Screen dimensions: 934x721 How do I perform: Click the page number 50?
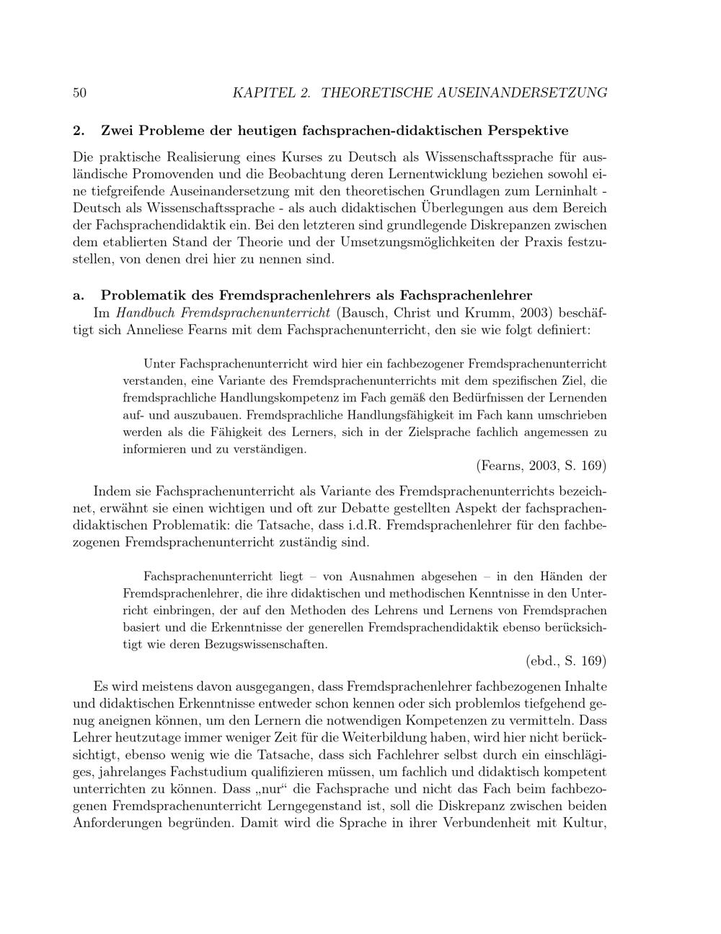pos(80,92)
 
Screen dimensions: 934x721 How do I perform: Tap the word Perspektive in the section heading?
pos(528,131)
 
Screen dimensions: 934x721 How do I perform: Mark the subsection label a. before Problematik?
pos(80,295)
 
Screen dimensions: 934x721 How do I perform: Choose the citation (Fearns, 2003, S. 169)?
pos(541,464)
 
